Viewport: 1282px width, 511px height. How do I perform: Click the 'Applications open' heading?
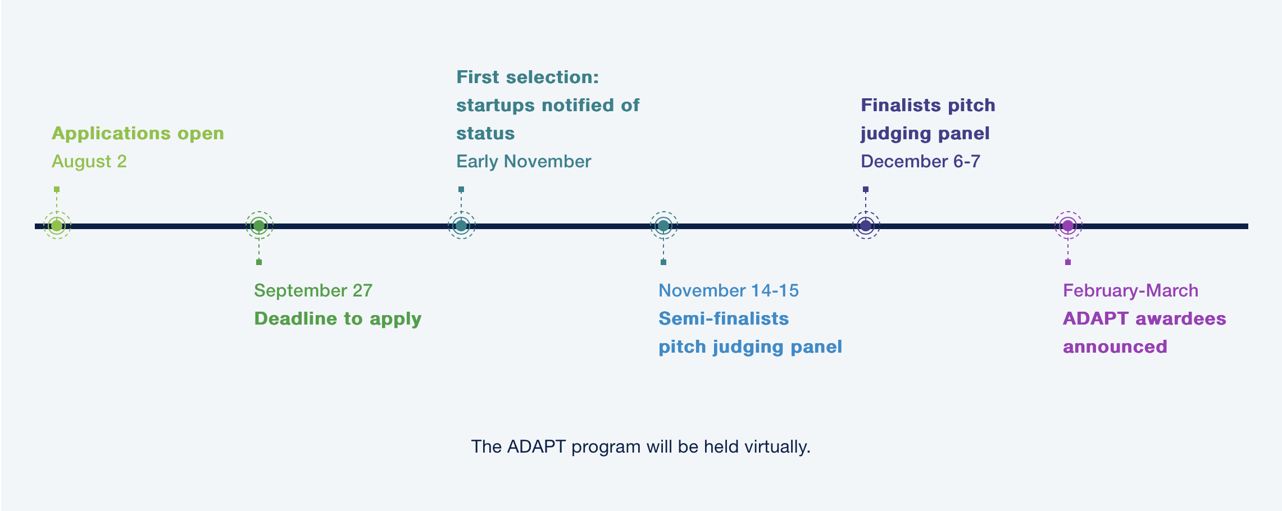click(x=138, y=134)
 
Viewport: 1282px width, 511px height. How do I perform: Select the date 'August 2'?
click(x=89, y=162)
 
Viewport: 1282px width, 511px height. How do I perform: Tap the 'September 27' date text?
click(x=313, y=290)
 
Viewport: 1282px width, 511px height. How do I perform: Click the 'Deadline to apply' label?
click(x=338, y=319)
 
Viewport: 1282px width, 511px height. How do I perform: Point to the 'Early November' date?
click(x=524, y=162)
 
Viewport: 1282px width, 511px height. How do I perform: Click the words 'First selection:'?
click(x=528, y=77)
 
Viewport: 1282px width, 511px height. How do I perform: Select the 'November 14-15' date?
click(x=729, y=290)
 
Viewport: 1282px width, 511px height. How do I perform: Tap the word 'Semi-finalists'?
click(x=724, y=318)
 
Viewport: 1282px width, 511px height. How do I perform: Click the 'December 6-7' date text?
click(x=920, y=162)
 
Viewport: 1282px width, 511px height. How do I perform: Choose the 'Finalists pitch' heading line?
click(x=928, y=106)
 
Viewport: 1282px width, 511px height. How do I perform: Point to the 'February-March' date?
click(x=1130, y=290)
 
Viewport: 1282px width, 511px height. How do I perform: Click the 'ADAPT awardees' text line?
click(x=1144, y=318)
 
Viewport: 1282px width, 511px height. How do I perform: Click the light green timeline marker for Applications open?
click(x=57, y=226)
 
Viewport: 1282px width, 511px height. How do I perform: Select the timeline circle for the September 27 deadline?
click(x=259, y=226)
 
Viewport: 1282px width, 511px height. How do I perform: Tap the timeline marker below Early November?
click(x=461, y=226)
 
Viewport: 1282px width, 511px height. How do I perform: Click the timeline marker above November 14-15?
click(x=663, y=226)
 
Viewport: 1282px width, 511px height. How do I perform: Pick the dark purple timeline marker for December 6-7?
click(x=866, y=226)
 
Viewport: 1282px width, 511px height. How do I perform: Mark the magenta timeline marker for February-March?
click(x=1068, y=226)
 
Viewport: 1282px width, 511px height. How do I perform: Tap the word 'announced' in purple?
click(x=1115, y=346)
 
